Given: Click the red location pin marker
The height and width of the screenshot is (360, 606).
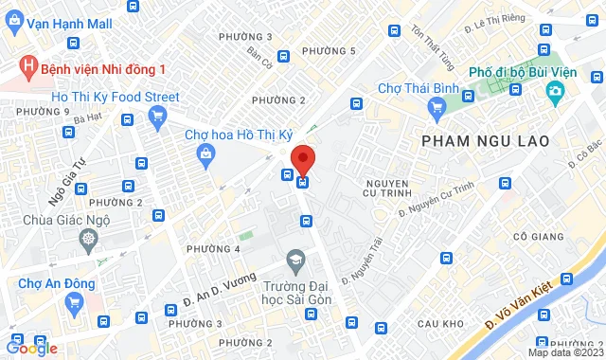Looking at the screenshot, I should pyautogui.click(x=302, y=158).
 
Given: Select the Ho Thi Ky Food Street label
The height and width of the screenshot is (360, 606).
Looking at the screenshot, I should pyautogui.click(x=115, y=96).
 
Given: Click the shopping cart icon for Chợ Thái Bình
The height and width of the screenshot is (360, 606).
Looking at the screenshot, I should pyautogui.click(x=437, y=109).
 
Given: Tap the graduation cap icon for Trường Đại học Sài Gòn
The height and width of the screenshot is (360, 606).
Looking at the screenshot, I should pyautogui.click(x=295, y=260).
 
